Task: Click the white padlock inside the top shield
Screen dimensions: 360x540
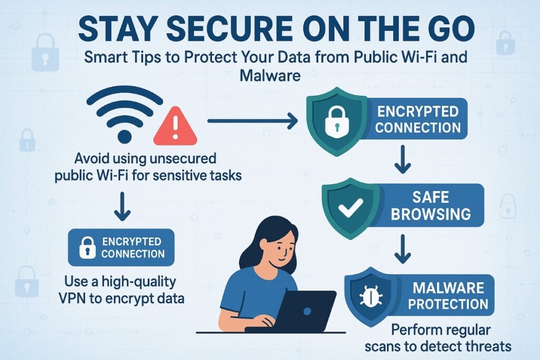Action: (333, 123)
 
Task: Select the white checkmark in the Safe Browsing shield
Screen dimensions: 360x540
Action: (349, 209)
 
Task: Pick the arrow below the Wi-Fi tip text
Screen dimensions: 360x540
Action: (122, 207)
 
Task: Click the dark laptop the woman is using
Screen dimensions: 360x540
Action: (306, 311)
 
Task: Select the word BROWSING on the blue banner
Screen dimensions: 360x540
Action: (430, 213)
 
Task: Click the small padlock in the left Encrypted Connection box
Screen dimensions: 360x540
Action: (86, 247)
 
